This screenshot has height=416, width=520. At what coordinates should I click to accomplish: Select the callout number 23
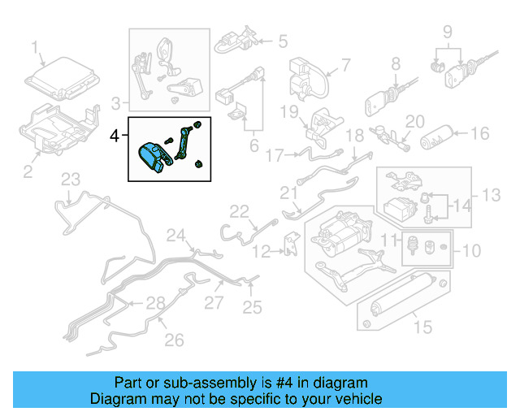pos(71,180)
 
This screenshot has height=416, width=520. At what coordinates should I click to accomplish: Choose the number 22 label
pos(238,211)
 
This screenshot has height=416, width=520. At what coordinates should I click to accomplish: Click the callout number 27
pos(212,302)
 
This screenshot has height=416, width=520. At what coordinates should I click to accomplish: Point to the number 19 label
pos(291,110)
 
